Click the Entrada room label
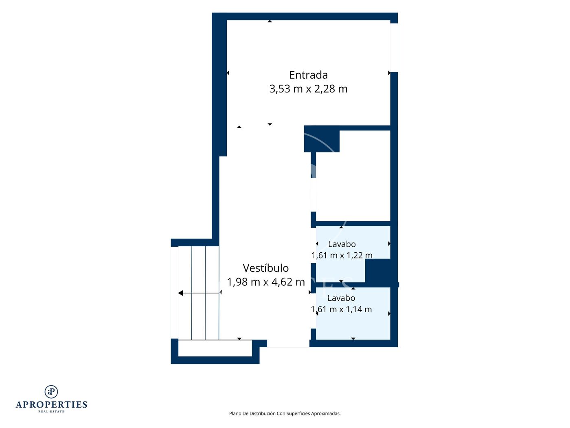[x=308, y=75]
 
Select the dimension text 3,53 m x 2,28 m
[x=308, y=89]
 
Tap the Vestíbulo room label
[x=265, y=268]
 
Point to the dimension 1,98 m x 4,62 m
[x=266, y=282]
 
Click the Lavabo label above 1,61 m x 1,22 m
[x=342, y=244]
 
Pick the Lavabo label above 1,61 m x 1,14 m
[x=341, y=298]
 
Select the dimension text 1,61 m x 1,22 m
[x=342, y=256]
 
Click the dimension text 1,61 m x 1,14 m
[x=341, y=309]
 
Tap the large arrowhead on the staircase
[x=181, y=293]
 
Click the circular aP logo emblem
[x=51, y=392]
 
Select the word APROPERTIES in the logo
[x=51, y=405]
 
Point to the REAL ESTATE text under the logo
[x=51, y=412]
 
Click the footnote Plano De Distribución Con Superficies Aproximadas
[x=285, y=413]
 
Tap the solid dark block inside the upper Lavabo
[x=381, y=271]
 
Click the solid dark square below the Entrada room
[x=322, y=139]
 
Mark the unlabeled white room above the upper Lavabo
[x=353, y=176]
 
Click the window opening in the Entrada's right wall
[x=394, y=48]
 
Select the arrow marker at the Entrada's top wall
[x=270, y=21]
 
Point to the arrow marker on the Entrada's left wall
[x=228, y=73]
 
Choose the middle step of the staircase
[x=198, y=293]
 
